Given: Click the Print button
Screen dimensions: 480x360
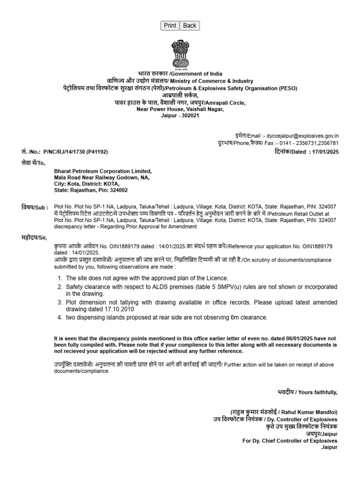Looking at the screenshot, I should pos(170,26).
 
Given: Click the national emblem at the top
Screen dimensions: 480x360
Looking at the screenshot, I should pos(180,54).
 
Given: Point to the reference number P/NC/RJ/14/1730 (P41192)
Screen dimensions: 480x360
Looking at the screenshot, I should pos(77,152).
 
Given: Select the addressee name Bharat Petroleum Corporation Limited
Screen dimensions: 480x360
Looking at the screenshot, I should pos(103,172).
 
